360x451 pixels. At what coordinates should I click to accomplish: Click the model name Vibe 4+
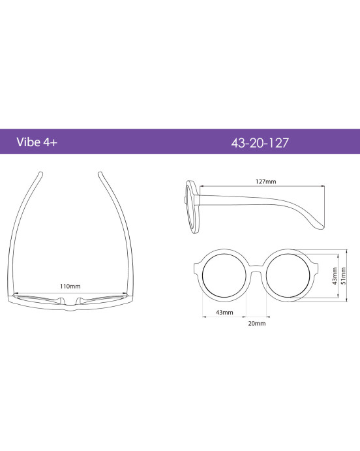click(x=38, y=142)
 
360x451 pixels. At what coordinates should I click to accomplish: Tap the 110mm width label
click(x=70, y=286)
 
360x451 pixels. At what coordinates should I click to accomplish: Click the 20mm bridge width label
click(x=256, y=322)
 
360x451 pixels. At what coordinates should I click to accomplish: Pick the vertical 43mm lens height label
click(x=335, y=277)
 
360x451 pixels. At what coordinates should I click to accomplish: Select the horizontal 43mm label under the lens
click(x=224, y=313)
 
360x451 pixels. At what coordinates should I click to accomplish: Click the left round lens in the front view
click(x=224, y=276)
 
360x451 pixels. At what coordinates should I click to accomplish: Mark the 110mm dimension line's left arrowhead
click(x=14, y=294)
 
